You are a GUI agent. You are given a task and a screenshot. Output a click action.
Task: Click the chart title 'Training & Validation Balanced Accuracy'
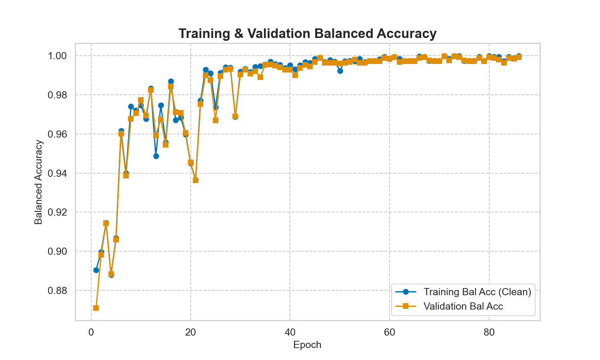click(307, 34)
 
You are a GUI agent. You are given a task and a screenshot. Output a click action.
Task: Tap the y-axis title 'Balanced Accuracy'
click(38, 182)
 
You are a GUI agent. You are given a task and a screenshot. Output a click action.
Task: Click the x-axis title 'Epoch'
click(307, 345)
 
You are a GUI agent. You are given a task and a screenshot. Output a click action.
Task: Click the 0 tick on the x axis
click(91, 332)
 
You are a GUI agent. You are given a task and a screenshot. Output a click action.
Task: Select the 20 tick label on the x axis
click(190, 332)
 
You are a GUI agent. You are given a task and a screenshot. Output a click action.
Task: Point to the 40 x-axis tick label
click(290, 332)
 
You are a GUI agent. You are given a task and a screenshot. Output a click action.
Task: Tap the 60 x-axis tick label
click(389, 332)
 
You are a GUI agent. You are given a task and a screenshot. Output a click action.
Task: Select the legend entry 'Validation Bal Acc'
click(463, 306)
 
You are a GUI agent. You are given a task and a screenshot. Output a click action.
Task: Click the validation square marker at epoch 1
click(96, 308)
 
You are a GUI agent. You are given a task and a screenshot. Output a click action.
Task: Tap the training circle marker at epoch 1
click(96, 270)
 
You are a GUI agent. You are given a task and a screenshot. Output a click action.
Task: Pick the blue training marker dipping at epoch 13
click(156, 156)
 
